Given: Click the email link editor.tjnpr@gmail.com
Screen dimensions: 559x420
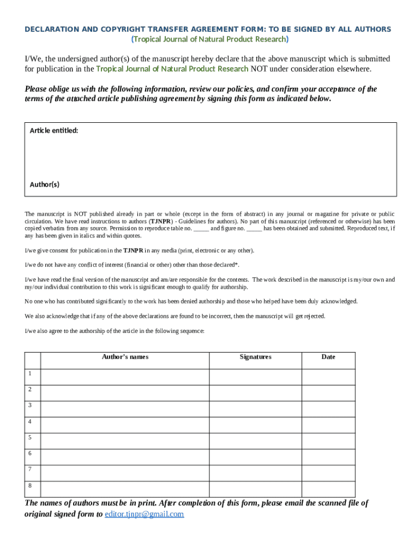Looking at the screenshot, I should point(144,514).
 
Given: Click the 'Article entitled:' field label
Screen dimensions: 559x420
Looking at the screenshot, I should point(54,130).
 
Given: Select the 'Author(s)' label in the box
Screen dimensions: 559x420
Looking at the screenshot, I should point(45,185).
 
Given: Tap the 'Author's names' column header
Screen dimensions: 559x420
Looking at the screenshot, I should point(125,357).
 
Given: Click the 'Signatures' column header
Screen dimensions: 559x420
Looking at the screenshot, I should point(255,357).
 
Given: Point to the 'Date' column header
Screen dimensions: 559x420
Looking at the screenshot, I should point(328,357).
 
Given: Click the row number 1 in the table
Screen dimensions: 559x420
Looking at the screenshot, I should point(31,373).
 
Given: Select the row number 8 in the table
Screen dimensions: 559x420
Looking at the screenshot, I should point(31,485).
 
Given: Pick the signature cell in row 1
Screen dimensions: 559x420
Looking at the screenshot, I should point(255,377).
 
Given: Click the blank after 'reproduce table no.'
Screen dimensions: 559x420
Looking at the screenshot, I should point(201,229).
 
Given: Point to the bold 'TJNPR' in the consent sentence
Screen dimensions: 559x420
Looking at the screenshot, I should point(133,251).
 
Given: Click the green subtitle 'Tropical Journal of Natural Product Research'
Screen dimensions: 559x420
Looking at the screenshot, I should point(210,39).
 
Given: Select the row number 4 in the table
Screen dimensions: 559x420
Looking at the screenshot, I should point(31,421).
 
